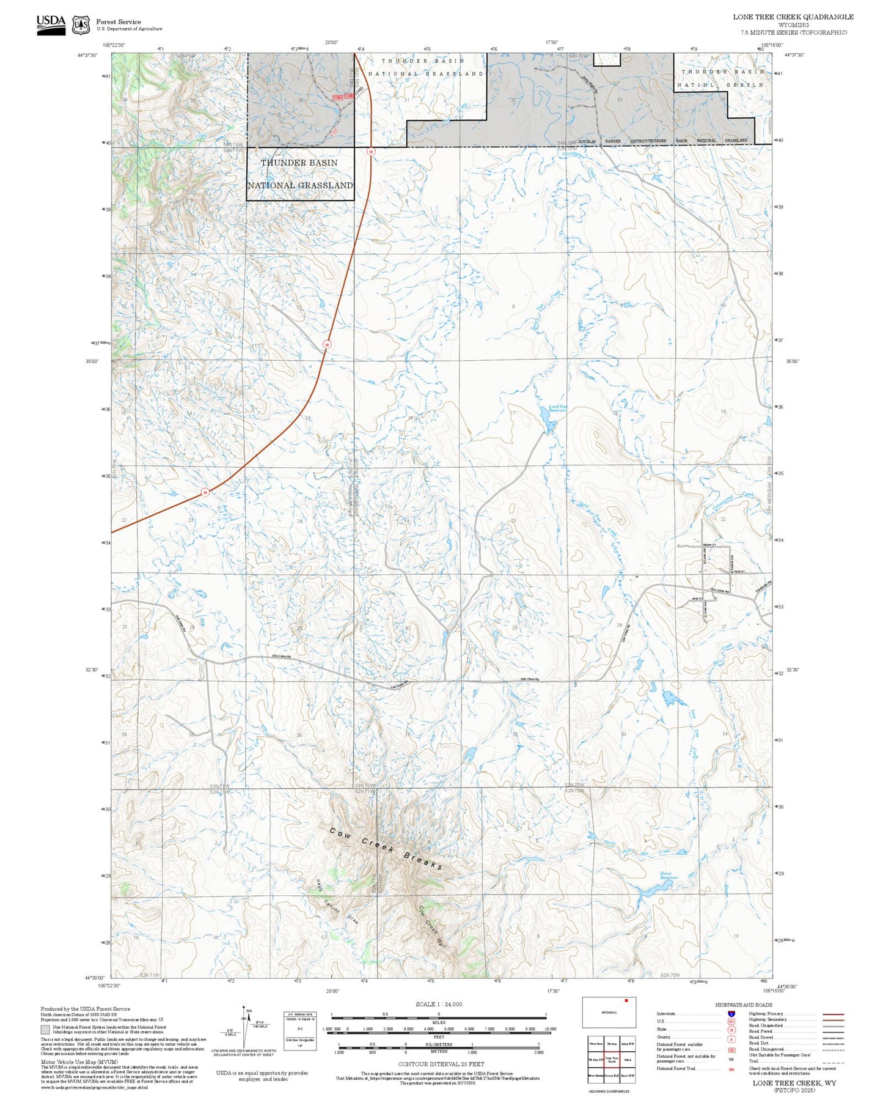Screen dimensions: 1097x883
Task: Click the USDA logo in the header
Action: click(51, 24)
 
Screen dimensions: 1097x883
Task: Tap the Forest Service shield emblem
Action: click(81, 25)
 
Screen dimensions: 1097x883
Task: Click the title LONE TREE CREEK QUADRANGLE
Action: click(793, 17)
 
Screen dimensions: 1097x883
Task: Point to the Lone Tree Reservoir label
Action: click(557, 408)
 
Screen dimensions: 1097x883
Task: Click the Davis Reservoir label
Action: click(669, 875)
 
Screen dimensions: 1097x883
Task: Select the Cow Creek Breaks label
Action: click(386, 849)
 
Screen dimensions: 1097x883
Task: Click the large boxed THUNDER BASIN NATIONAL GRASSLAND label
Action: click(299, 174)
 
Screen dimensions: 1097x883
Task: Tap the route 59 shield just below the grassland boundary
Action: click(370, 151)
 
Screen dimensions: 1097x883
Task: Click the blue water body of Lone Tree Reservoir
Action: click(544, 419)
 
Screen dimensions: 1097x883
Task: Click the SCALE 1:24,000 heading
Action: click(438, 1004)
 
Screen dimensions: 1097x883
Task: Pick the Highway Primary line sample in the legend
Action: click(834, 1014)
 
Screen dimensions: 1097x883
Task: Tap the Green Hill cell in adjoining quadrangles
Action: click(612, 1075)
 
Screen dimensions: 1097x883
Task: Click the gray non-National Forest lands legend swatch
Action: click(45, 1030)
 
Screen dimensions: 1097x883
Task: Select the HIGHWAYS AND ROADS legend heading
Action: click(743, 1005)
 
